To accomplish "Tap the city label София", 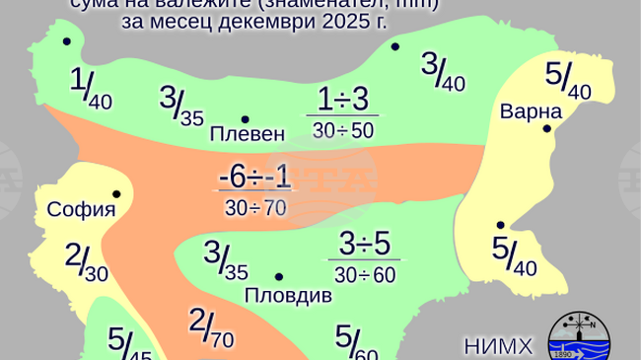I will click(82, 209).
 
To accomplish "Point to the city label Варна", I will click(531, 110).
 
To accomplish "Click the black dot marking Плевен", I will click(245, 119).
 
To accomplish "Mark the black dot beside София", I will click(116, 194).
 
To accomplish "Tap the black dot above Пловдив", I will click(279, 277).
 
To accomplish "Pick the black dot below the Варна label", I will click(546, 128).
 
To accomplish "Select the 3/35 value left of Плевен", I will click(181, 106).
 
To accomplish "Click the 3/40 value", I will click(442, 71).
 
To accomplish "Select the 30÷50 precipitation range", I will click(342, 129).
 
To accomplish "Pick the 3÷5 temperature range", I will click(364, 243).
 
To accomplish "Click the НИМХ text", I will click(497, 346).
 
